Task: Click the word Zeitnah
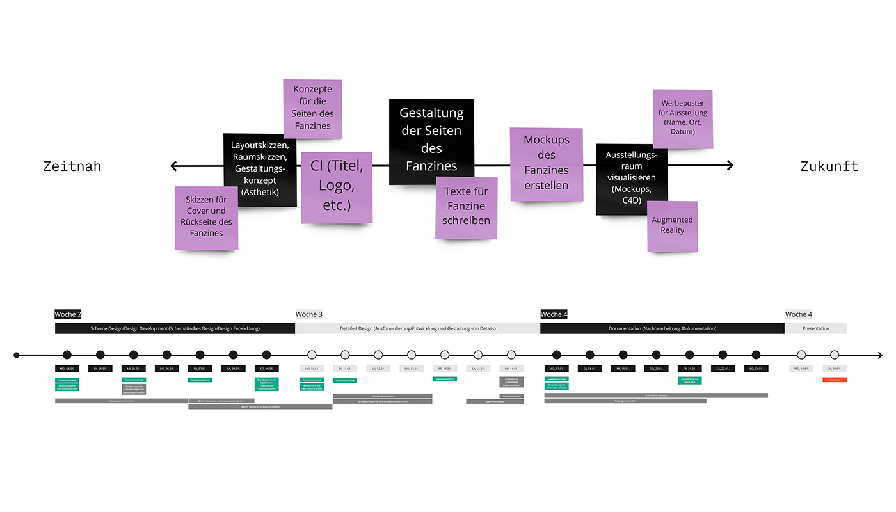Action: click(72, 167)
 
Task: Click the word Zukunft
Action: click(829, 167)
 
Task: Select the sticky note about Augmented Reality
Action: click(672, 226)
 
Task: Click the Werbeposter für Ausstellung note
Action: click(682, 119)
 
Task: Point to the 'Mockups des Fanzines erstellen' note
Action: click(546, 164)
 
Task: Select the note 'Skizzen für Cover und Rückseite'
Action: click(206, 218)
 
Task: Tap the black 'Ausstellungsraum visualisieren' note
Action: click(631, 179)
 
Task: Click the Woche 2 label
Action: click(68, 314)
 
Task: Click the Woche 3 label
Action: click(309, 314)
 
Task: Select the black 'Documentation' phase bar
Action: click(662, 328)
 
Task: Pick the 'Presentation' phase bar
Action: click(815, 328)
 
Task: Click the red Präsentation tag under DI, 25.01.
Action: click(835, 380)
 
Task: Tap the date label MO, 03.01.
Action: click(67, 369)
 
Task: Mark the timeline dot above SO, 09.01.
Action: click(267, 355)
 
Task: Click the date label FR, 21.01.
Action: click(689, 369)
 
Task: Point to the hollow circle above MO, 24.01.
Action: click(801, 355)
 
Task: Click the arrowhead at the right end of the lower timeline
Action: click(879, 355)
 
